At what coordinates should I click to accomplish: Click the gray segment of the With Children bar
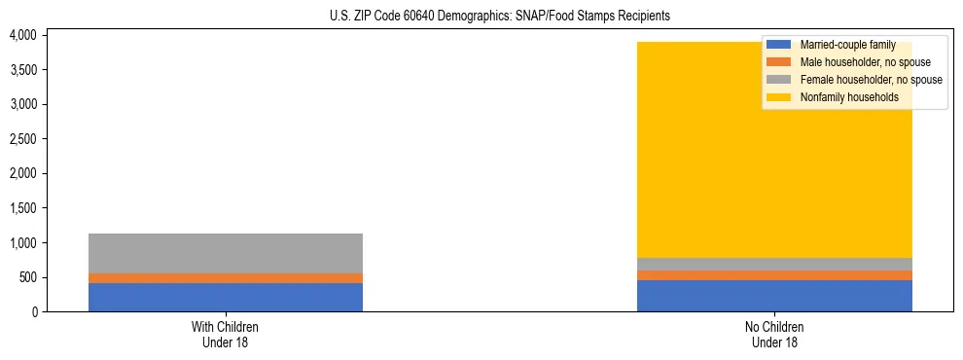pos(225,253)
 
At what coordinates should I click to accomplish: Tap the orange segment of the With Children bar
pos(225,278)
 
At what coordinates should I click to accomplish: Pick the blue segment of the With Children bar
pos(225,297)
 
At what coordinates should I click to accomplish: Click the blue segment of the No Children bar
pos(774,296)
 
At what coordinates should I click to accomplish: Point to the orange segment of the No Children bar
pos(774,275)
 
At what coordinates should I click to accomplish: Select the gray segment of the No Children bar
pos(774,264)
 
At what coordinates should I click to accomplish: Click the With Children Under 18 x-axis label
pos(225,334)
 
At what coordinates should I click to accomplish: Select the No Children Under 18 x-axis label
pos(774,334)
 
